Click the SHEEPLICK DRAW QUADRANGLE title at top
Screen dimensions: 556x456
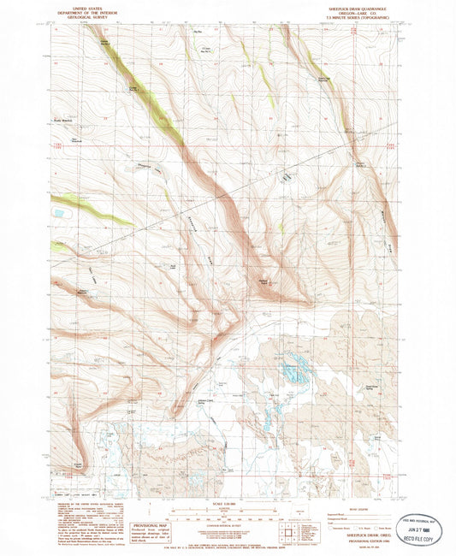click(367, 7)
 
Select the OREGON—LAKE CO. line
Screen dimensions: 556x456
click(367, 11)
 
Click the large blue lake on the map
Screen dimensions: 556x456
click(295, 369)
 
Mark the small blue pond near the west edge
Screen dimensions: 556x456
click(59, 210)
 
